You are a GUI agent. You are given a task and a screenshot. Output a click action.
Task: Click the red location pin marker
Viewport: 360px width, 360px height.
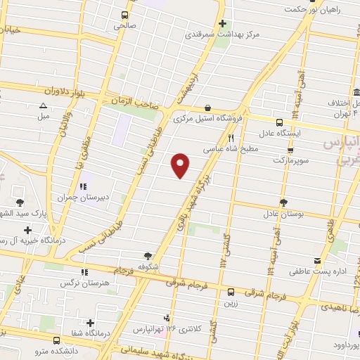tap(181, 165)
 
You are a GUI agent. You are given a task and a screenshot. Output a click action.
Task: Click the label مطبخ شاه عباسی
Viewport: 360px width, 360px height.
tap(232, 149)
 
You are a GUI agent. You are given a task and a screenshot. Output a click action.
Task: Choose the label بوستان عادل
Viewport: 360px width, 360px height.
tap(283, 213)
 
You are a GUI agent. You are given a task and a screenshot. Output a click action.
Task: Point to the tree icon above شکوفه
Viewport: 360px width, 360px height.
tap(148, 257)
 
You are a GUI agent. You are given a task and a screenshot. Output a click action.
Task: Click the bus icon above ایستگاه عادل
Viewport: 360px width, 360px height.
tap(280, 122)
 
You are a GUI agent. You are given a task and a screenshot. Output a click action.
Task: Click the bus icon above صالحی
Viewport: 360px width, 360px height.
tap(125, 15)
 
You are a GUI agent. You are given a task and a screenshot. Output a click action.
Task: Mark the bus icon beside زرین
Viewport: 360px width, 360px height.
tap(231, 292)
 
